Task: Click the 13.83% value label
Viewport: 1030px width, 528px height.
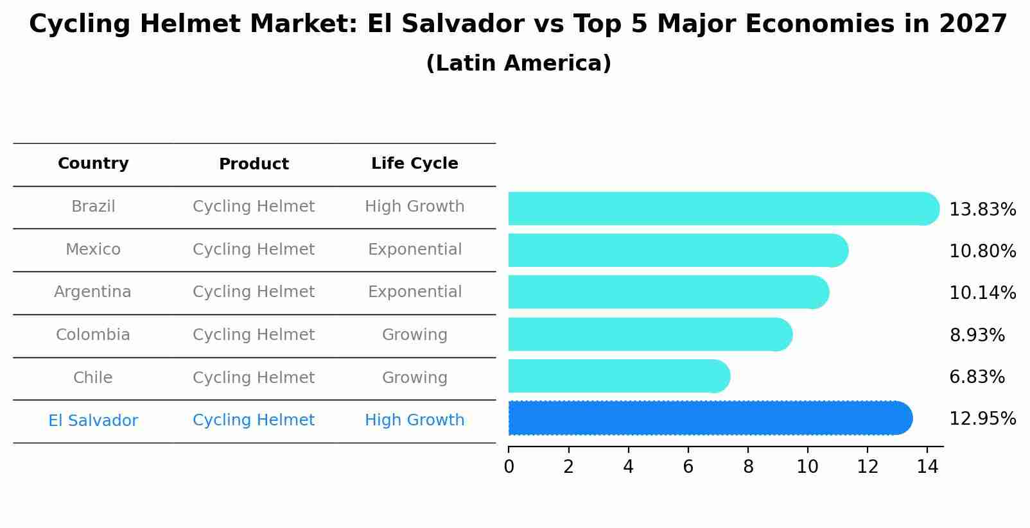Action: [x=982, y=210]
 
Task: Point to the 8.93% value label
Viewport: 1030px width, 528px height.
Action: [x=977, y=335]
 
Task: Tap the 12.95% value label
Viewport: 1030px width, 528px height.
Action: [x=982, y=419]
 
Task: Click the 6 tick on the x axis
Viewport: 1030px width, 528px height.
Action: [x=688, y=467]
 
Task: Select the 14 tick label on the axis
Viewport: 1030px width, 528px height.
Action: [x=927, y=467]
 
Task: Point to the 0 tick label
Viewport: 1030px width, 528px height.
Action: [x=509, y=467]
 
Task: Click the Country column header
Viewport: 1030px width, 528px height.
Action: [x=93, y=164]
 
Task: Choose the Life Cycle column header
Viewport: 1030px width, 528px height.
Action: [x=414, y=164]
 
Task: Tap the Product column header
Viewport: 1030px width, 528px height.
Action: [x=254, y=164]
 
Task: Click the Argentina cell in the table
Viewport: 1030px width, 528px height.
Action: [x=92, y=292]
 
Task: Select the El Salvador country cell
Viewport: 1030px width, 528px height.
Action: [x=93, y=421]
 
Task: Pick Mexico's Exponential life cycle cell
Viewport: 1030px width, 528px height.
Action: [x=414, y=250]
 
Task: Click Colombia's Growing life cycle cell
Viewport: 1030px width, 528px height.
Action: [x=414, y=335]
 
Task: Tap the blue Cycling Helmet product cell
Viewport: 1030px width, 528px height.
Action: [x=254, y=420]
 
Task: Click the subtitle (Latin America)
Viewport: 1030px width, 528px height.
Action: [x=518, y=64]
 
